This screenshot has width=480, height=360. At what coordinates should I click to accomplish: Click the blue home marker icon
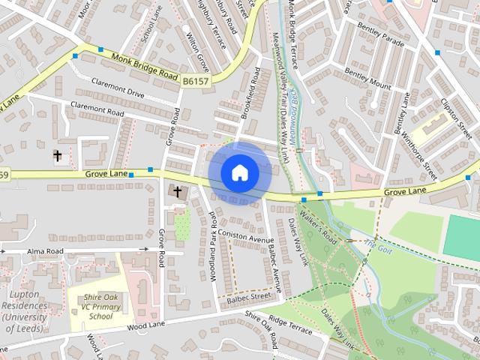239,172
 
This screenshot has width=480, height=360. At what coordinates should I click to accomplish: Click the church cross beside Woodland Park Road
178,192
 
